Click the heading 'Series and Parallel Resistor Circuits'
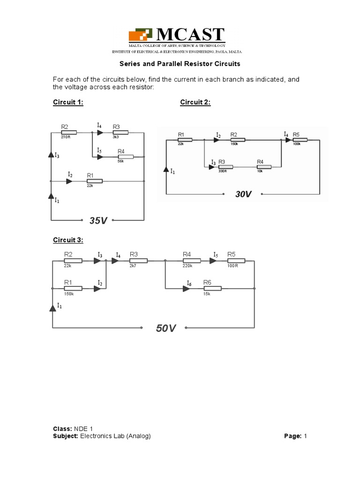point(180,63)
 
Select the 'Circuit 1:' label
point(67,103)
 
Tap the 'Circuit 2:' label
point(195,103)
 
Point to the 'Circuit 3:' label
point(67,240)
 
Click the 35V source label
point(98,220)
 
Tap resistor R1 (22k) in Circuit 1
point(95,181)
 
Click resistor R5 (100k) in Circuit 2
point(300,140)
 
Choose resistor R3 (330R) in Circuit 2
point(226,167)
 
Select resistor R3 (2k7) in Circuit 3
point(139,261)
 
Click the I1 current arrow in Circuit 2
point(165,171)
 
